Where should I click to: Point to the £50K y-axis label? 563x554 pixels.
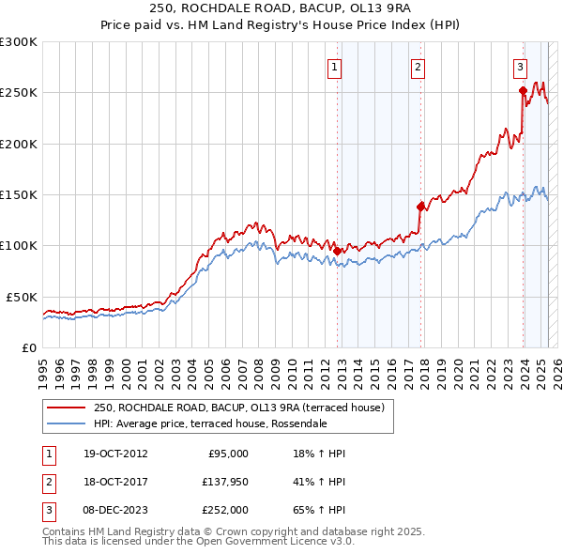[x=21, y=297]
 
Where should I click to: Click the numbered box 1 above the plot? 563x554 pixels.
[x=335, y=67]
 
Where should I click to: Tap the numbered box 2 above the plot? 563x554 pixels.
[x=418, y=67]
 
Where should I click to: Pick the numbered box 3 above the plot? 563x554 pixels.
[x=520, y=67]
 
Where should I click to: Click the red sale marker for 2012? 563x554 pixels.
[x=337, y=251]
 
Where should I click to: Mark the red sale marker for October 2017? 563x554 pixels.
[x=420, y=207]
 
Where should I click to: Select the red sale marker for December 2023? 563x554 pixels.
[x=523, y=91]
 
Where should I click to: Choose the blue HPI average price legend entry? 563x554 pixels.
[x=209, y=423]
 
